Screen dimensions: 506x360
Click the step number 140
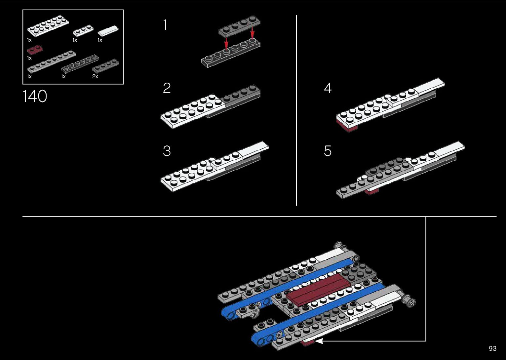pos(35,96)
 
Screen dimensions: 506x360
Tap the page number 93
pos(492,348)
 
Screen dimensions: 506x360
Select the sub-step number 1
pos(165,25)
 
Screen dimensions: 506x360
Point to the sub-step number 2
pos(167,88)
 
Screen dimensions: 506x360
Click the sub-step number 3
pos(167,151)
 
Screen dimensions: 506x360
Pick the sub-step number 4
pos(328,88)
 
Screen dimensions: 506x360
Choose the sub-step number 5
pos(328,151)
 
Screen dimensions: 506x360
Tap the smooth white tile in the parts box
pos(108,31)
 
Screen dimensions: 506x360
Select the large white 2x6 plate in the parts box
pos(48,26)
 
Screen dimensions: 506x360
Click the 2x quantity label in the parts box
pos(95,77)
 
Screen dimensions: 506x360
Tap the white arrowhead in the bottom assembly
pos(319,341)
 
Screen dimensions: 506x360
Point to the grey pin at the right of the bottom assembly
pos(409,300)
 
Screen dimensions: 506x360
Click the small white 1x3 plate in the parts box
pos(83,30)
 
